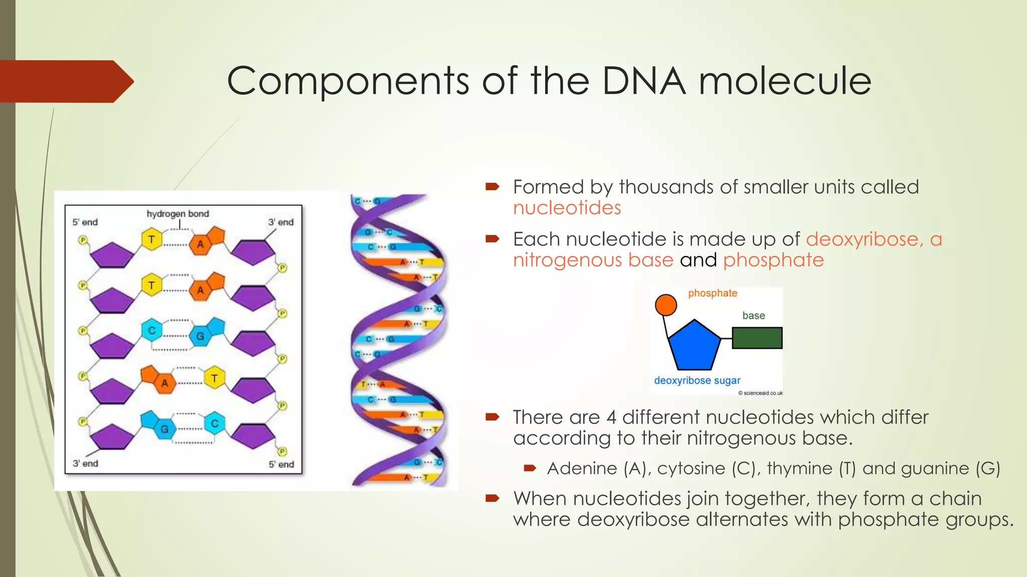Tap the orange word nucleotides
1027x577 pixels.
tap(567, 208)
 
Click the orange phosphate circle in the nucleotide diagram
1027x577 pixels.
tap(665, 305)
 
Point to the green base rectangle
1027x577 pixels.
tap(757, 338)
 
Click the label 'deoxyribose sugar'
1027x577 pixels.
tap(697, 381)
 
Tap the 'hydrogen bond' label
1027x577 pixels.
tap(178, 214)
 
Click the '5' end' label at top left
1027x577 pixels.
tap(85, 222)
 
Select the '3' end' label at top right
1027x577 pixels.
tap(280, 222)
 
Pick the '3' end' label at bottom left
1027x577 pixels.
tap(85, 464)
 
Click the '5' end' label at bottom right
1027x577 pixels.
tap(281, 465)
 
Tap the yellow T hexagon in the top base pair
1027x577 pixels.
tap(151, 239)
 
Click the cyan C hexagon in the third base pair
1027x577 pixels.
tap(151, 331)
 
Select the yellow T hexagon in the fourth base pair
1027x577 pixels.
tap(214, 378)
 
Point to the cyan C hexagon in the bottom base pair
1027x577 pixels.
tap(215, 424)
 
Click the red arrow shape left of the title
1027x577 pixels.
tap(65, 82)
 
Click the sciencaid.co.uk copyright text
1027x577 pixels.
tap(760, 393)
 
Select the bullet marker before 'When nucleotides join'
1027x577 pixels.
tap(492, 498)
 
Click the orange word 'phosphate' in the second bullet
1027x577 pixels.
tap(773, 260)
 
